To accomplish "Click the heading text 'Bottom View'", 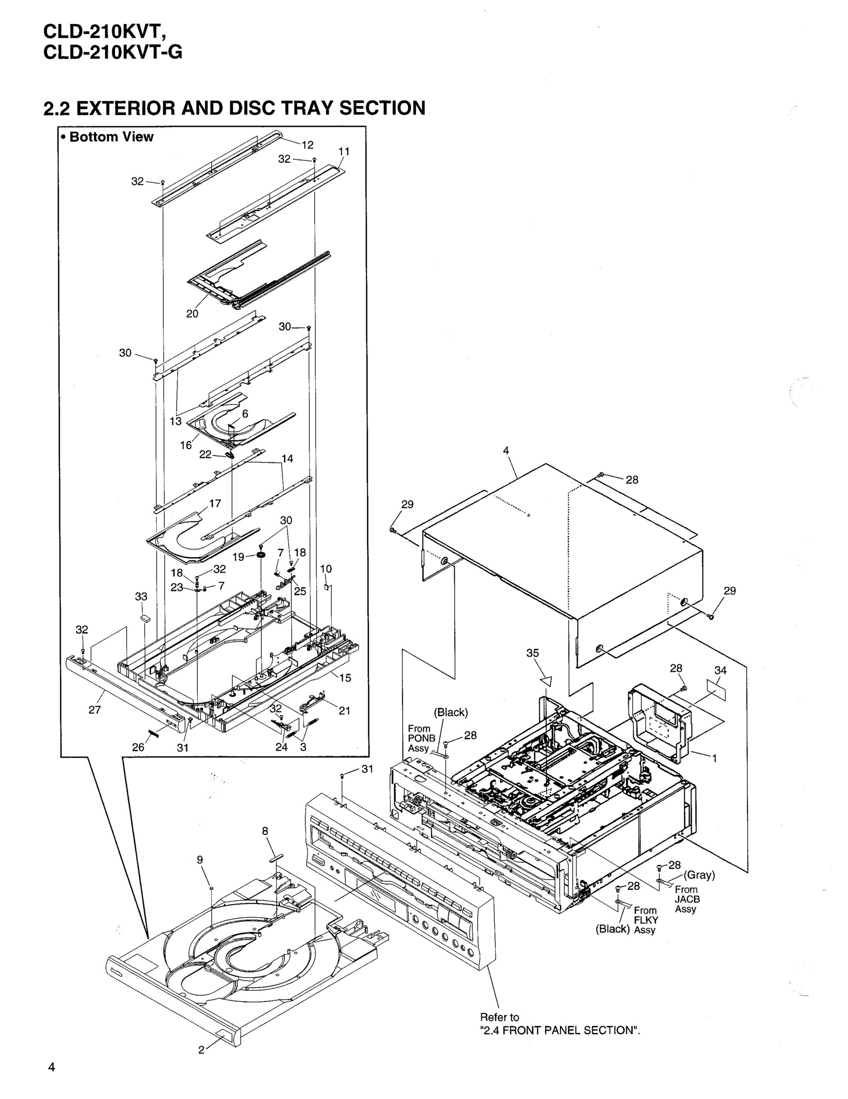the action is (111, 137).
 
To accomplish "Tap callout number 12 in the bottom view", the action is (307, 145).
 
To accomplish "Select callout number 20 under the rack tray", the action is (192, 313).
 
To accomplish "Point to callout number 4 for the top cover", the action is (506, 451).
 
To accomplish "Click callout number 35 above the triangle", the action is (532, 653).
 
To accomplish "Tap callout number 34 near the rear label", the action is (720, 670).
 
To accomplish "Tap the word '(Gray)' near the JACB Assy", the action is (699, 874).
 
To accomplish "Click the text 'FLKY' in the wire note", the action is (646, 920).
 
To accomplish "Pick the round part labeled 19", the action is (261, 555).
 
